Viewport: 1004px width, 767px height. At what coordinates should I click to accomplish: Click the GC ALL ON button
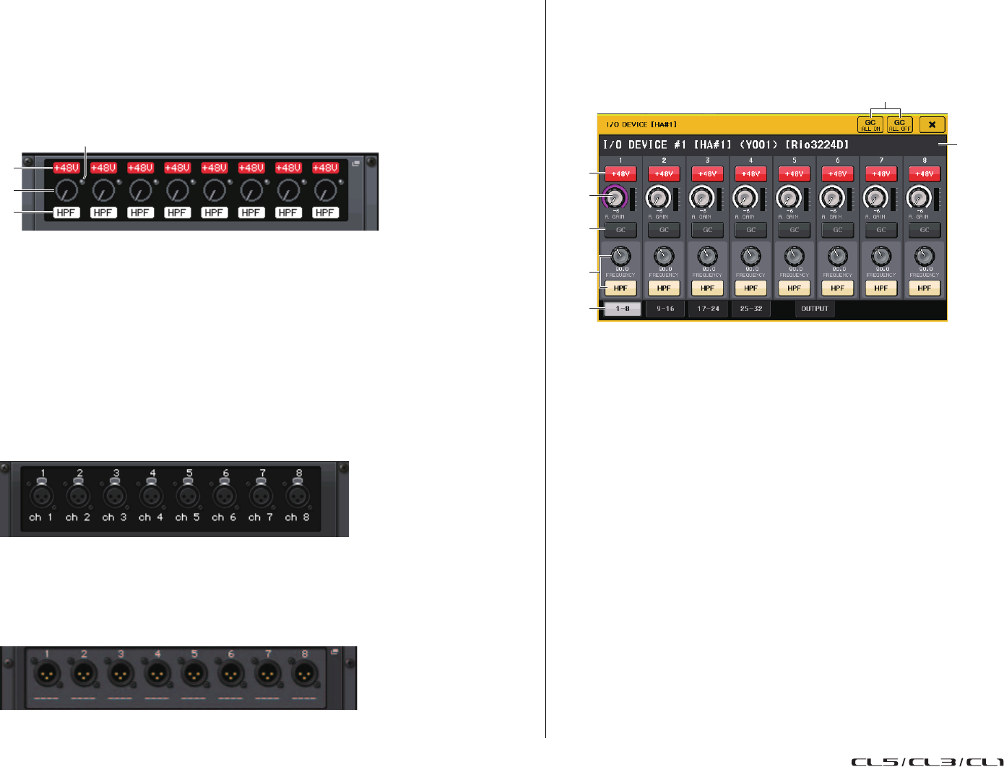pyautogui.click(x=870, y=125)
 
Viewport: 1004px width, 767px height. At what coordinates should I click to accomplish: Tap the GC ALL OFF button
pyautogui.click(x=899, y=125)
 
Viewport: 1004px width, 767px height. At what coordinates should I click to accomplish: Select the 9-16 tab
pyautogui.click(x=665, y=309)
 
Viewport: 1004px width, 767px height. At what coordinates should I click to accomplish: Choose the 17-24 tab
pyautogui.click(x=708, y=309)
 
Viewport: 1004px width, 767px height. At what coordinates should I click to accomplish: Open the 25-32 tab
pyautogui.click(x=751, y=309)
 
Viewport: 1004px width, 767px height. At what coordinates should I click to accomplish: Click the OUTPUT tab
pyautogui.click(x=815, y=309)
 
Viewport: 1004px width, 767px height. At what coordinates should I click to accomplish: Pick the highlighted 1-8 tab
pyautogui.click(x=622, y=309)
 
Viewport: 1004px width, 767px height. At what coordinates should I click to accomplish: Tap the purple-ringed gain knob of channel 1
pyautogui.click(x=615, y=197)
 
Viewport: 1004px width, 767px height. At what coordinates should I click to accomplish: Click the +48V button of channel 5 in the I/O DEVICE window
pyautogui.click(x=794, y=174)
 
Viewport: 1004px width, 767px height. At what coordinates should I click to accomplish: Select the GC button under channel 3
pyautogui.click(x=707, y=230)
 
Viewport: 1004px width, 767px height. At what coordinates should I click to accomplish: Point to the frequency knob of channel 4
pyautogui.click(x=751, y=256)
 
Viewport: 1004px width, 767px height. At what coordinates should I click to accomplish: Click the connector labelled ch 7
pyautogui.click(x=261, y=497)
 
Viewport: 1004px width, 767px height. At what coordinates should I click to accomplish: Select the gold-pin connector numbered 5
pyautogui.click(x=194, y=674)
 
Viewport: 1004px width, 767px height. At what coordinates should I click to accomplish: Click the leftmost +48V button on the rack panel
pyautogui.click(x=66, y=168)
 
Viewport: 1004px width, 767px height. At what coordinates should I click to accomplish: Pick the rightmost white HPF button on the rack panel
pyautogui.click(x=325, y=213)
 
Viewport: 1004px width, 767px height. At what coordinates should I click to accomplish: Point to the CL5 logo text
pyautogui.click(x=874, y=762)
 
